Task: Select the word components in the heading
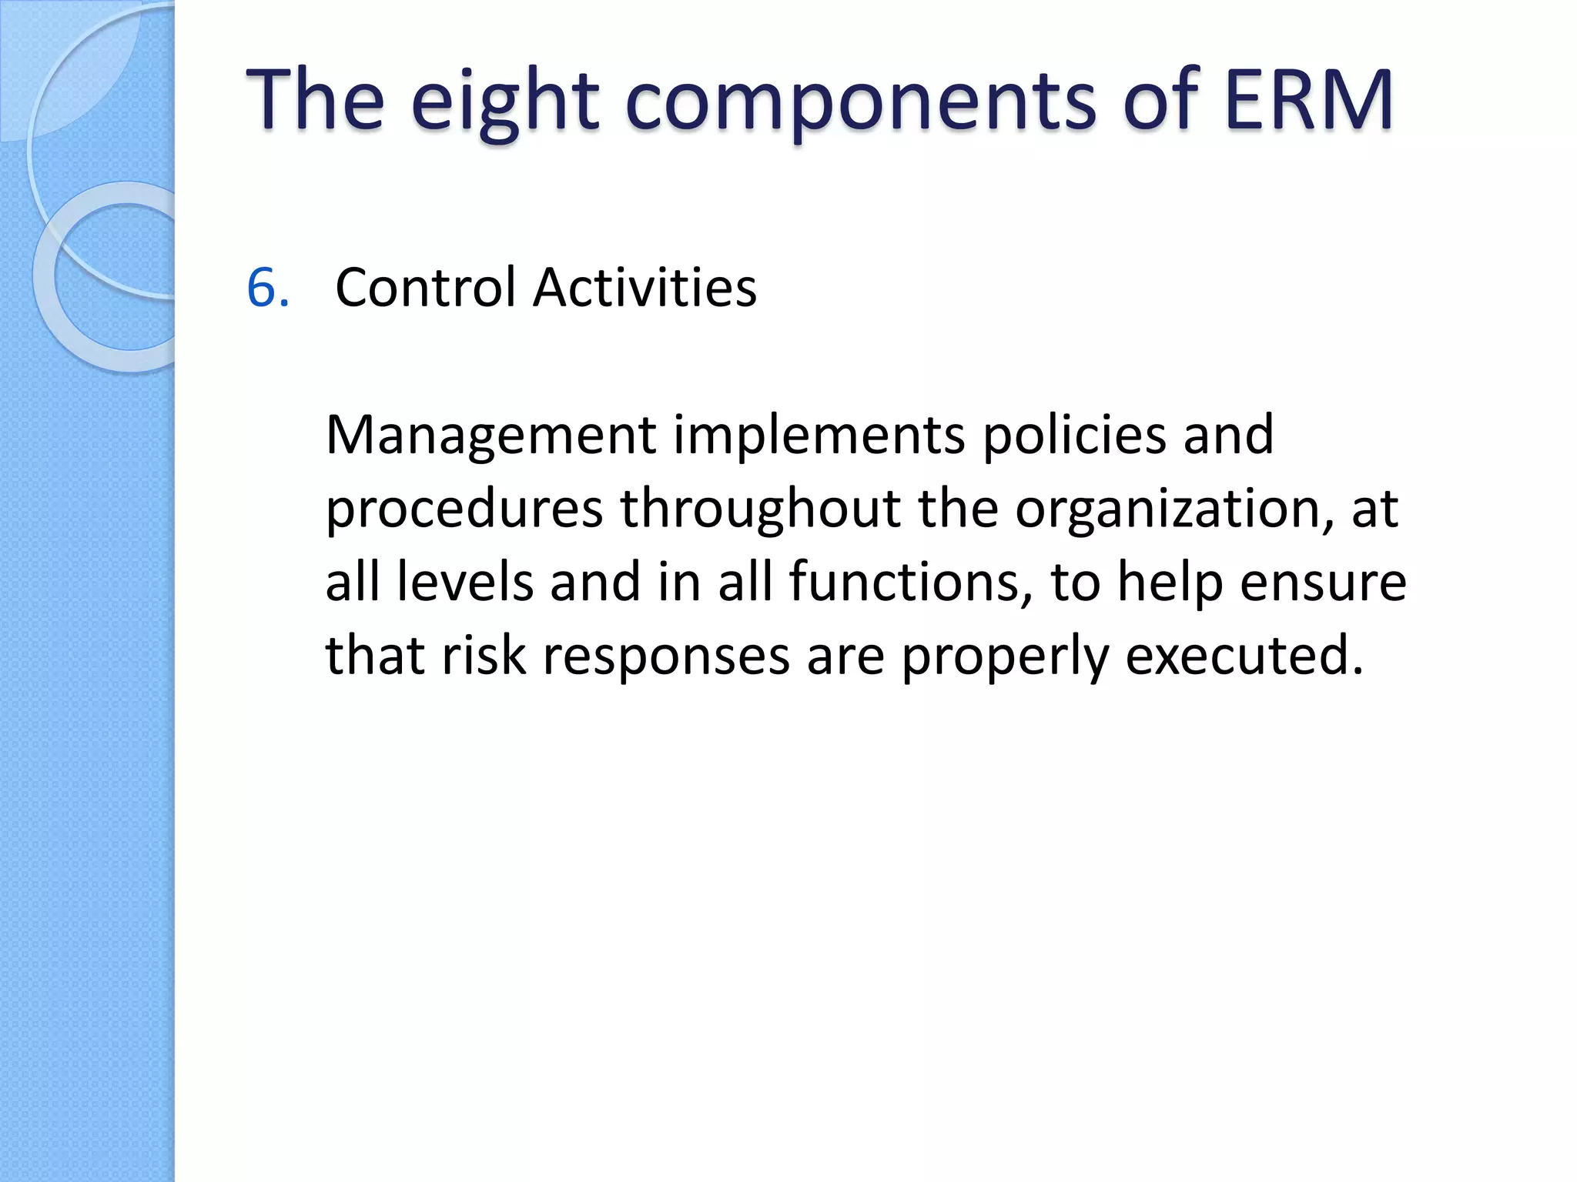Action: coord(860,104)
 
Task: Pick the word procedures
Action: coord(464,510)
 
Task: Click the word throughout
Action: coord(761,510)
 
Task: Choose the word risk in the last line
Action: coord(484,656)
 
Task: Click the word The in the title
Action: coord(315,100)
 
